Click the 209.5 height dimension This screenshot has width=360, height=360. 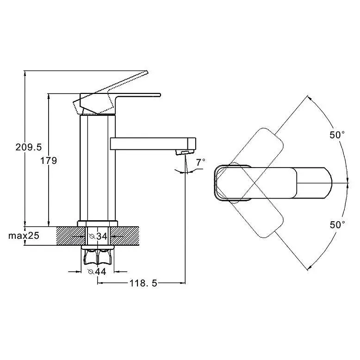(x=29, y=147)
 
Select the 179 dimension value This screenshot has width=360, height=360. (x=49, y=161)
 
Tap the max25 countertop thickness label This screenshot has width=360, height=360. (x=24, y=236)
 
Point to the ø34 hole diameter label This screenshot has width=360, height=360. (x=98, y=236)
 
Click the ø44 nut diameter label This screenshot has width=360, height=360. (x=97, y=272)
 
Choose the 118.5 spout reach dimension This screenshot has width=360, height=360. (x=143, y=283)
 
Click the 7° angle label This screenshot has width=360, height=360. (x=201, y=162)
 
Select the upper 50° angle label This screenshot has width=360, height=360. (x=337, y=135)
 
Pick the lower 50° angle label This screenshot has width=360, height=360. (x=337, y=225)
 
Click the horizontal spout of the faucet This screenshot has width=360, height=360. (x=153, y=144)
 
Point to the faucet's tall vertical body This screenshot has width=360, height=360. (x=98, y=168)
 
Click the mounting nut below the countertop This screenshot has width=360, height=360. (x=98, y=255)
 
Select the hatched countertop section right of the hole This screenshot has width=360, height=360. (x=124, y=236)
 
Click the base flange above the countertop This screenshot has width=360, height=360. (x=98, y=223)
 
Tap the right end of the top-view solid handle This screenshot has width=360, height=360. (x=332, y=183)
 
